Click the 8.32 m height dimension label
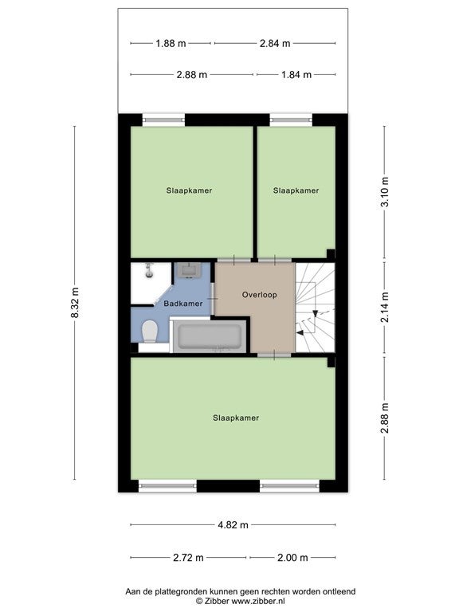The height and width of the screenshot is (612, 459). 75,303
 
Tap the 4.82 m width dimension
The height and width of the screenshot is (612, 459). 233,525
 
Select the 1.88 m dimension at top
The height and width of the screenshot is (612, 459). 171,43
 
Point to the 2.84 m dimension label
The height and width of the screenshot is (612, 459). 275,43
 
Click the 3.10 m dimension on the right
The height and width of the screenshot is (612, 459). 385,191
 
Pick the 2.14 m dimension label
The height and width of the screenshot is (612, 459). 385,307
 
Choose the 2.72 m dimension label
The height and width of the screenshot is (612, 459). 188,558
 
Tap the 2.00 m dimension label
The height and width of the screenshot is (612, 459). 292,558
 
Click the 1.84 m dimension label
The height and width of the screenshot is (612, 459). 296,75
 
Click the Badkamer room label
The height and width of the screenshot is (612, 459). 183,304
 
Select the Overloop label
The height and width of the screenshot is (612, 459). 260,295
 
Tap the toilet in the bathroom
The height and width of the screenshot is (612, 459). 149,331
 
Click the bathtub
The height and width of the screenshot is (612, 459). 210,336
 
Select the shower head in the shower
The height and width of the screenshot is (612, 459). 149,271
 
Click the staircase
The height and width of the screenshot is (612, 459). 315,307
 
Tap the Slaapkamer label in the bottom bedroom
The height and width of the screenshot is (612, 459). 236,418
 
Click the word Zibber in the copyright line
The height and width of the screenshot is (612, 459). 216,601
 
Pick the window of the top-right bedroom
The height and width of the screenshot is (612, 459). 291,120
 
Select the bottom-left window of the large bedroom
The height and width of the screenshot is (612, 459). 167,486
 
